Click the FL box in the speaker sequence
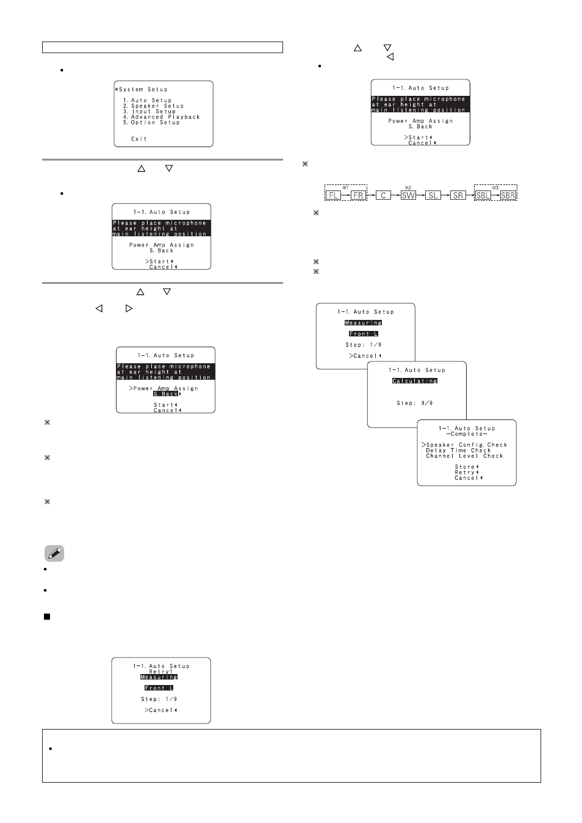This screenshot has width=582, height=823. [334, 195]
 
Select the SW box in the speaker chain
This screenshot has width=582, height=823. [408, 195]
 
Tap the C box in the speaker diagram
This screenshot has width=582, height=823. [383, 195]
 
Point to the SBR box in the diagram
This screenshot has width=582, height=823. [508, 195]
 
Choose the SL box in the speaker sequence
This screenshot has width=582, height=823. [433, 195]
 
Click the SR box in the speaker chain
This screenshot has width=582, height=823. [458, 195]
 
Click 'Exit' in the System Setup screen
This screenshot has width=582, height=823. [139, 139]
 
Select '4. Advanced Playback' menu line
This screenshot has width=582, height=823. [162, 117]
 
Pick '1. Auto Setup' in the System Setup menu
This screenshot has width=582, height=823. [147, 100]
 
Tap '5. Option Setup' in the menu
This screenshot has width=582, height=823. [151, 122]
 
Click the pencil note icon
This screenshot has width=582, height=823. [54, 553]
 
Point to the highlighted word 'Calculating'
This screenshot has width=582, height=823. [415, 381]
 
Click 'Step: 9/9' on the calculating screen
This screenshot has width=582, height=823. [415, 403]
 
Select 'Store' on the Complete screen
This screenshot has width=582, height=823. [465, 467]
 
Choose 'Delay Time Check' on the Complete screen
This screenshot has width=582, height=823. [458, 451]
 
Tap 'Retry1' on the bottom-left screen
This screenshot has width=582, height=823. [161, 672]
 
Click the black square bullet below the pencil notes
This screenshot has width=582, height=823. [47, 617]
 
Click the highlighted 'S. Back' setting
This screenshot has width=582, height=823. [165, 394]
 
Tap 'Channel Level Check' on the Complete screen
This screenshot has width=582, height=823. [464, 456]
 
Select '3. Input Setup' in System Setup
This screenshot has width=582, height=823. [149, 111]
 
